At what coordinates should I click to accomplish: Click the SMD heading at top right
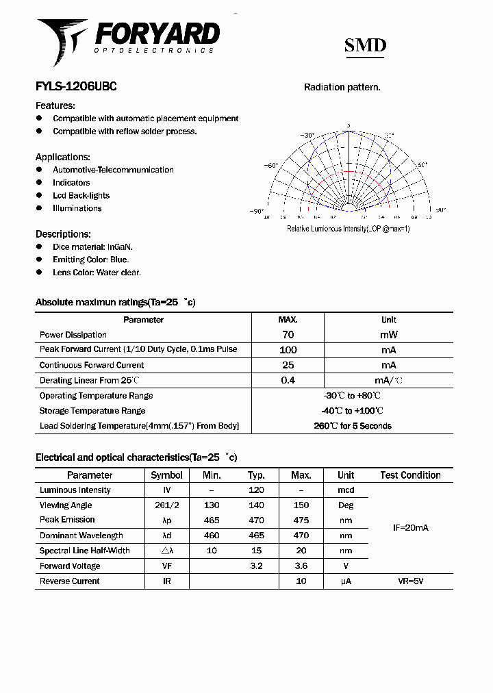pos(365,46)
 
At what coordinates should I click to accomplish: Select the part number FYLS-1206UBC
pos(76,87)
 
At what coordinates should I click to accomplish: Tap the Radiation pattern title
pos(342,87)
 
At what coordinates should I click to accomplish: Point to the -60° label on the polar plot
pos(271,165)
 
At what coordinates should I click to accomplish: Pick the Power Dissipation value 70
pos(288,335)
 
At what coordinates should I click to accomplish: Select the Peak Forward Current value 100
pos(288,350)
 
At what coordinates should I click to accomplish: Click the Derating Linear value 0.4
pos(288,380)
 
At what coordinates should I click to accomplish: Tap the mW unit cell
pos(389,335)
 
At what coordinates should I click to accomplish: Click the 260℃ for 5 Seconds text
pos(353,426)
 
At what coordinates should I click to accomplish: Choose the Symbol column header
pos(166,475)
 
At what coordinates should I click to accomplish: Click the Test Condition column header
pos(410,475)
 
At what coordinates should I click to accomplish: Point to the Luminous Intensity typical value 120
pos(256,490)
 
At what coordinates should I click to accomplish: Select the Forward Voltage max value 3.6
pos(301,566)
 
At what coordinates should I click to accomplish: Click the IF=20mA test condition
pos(410,528)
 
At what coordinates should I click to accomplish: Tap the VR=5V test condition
pos(410,581)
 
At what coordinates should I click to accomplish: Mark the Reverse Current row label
pos(70,581)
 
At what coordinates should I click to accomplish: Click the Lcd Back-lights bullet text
pos(81,196)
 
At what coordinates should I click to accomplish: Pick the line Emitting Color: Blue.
pos(90,260)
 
